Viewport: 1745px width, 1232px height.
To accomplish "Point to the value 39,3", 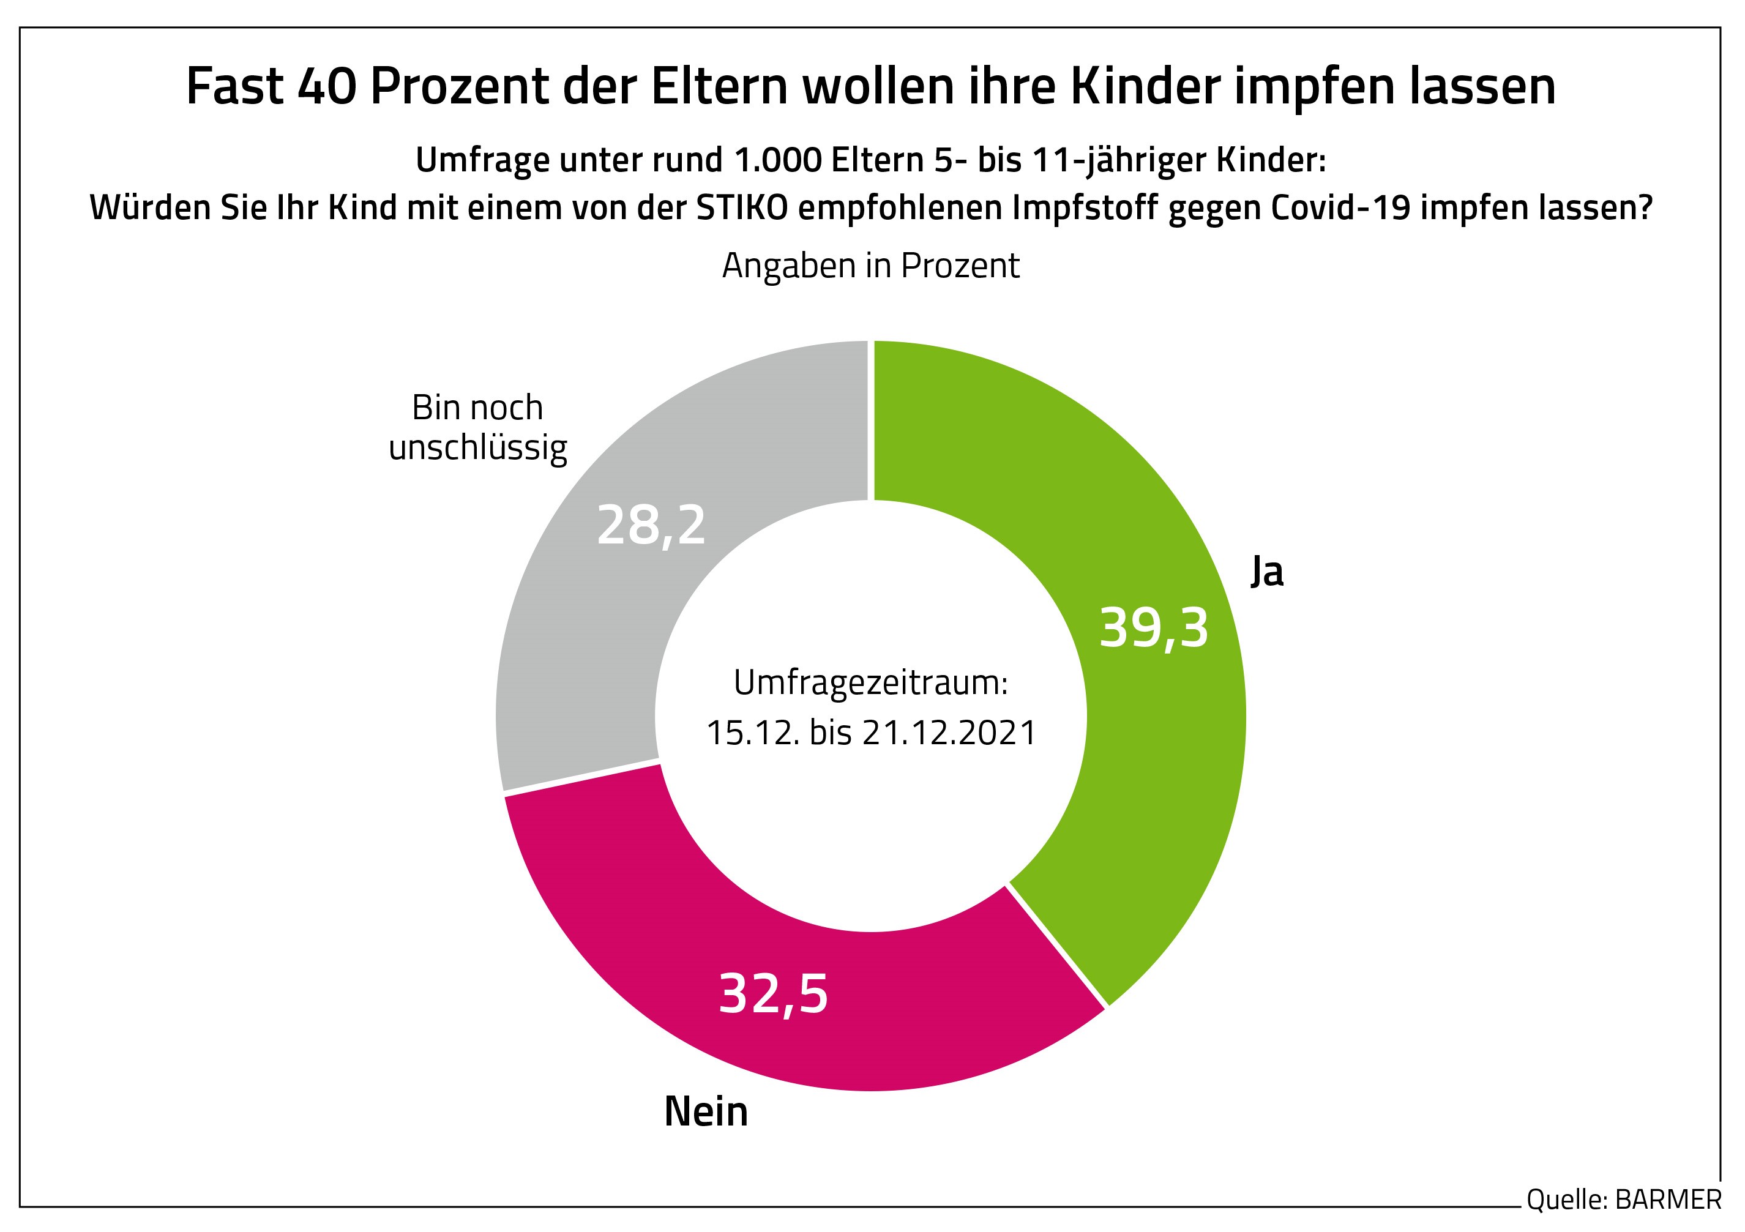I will (1153, 629).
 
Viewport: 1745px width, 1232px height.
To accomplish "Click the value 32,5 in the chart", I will (772, 994).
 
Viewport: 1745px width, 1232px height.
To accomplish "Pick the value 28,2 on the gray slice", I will (651, 525).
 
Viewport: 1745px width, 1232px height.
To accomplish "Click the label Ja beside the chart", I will (1267, 572).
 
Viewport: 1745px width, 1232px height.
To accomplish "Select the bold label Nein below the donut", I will (706, 1112).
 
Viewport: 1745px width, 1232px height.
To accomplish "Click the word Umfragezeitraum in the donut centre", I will (870, 682).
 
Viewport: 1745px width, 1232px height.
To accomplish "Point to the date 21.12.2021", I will (949, 733).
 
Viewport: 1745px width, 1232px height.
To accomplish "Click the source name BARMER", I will (1667, 1200).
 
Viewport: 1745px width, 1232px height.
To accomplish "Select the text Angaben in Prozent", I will (870, 266).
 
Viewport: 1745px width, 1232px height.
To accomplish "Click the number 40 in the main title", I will (326, 86).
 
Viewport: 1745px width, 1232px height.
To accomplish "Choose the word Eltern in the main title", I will (718, 86).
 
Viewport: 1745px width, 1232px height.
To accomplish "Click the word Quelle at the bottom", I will (1566, 1200).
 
